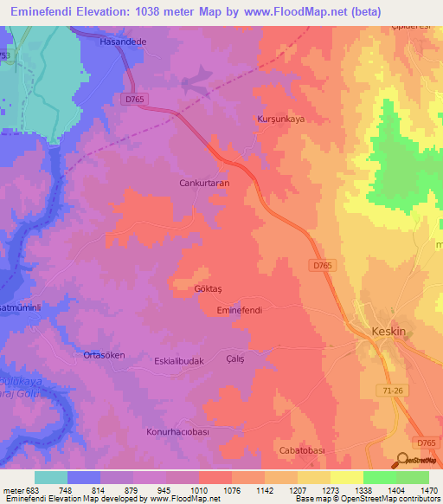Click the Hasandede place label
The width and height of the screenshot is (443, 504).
pyautogui.click(x=121, y=41)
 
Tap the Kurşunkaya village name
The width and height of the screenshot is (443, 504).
pyautogui.click(x=281, y=120)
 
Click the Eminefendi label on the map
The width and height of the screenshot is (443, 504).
pyautogui.click(x=240, y=309)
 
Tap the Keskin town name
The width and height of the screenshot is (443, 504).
pyautogui.click(x=388, y=332)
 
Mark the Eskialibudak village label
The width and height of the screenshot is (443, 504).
pyautogui.click(x=178, y=361)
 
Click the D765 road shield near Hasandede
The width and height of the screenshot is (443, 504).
pyautogui.click(x=135, y=100)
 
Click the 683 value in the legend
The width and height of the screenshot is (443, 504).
pyautogui.click(x=34, y=490)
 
